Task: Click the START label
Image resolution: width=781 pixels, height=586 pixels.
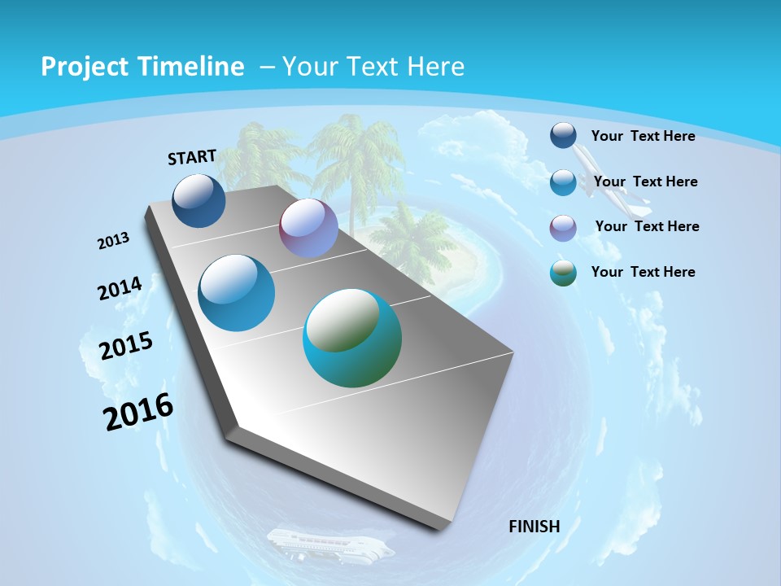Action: pos(192,157)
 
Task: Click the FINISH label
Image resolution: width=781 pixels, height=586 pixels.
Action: pos(534,527)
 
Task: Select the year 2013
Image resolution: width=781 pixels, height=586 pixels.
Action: pos(114,241)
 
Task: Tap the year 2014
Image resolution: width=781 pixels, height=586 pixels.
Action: pos(120,289)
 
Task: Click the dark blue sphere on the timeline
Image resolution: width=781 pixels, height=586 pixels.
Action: pos(199,200)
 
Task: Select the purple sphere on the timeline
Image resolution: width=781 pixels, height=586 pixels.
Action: pos(308,228)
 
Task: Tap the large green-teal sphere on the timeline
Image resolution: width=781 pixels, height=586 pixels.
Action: pos(352,338)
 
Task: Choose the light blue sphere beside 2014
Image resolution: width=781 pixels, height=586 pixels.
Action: pos(236,293)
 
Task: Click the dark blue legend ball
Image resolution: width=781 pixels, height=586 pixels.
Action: pos(563,135)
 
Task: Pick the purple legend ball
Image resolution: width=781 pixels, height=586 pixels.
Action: pos(563,228)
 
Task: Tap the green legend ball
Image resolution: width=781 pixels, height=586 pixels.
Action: pos(563,273)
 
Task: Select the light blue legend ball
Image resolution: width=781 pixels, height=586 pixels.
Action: pos(563,182)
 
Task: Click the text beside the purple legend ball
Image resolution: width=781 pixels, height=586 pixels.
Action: pos(648,226)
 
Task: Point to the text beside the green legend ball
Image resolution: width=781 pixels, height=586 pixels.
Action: pos(644,272)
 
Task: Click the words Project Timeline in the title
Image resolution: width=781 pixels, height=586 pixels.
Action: pos(142,67)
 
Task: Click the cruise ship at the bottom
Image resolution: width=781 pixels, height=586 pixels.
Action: pos(329,544)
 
